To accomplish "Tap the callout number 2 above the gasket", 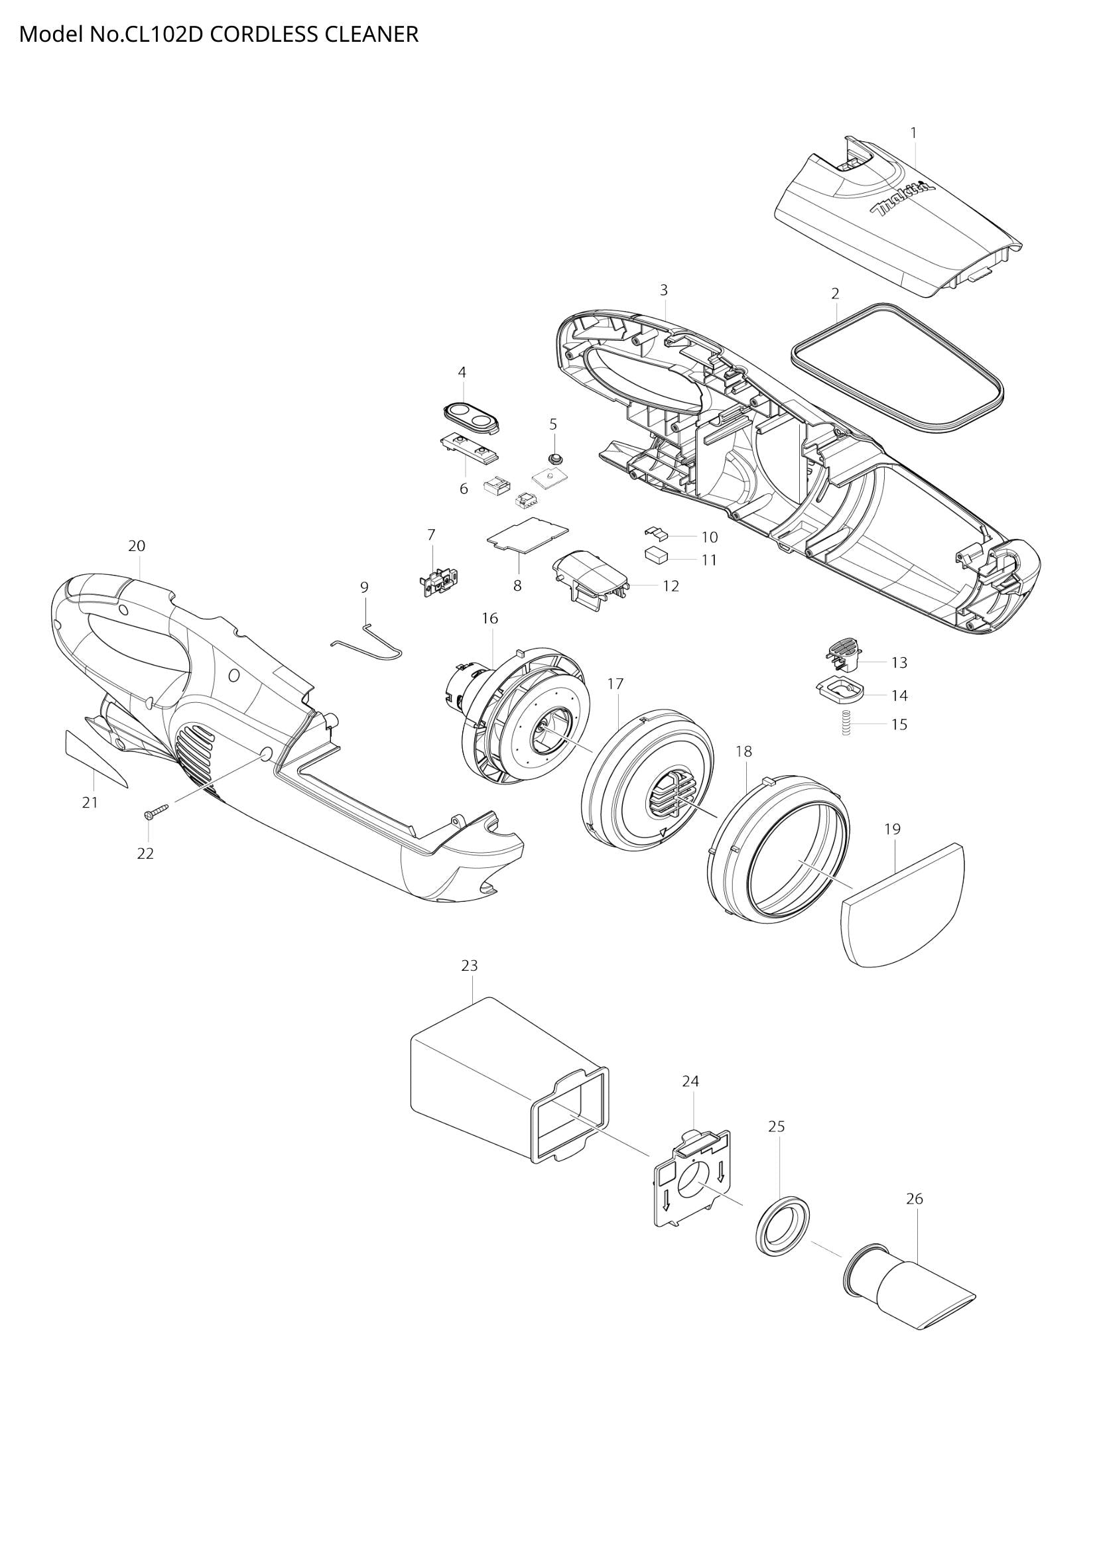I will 835,293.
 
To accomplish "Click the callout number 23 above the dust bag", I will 470,965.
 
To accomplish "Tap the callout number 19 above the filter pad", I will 892,828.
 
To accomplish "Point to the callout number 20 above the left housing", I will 137,546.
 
